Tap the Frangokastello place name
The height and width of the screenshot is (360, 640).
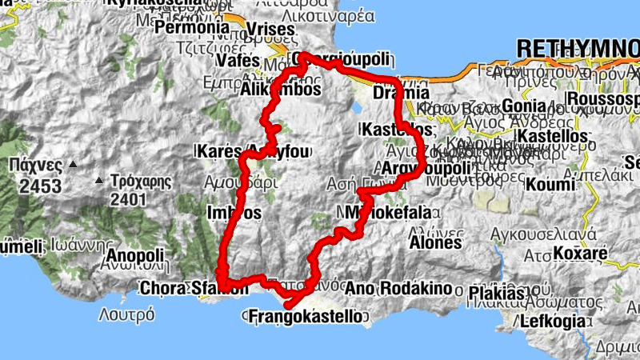306,317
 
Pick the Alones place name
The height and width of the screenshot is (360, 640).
435,241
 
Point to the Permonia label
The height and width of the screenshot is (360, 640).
193,26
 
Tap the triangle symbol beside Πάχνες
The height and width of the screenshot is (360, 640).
73,165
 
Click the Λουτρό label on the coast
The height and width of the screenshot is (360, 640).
126,314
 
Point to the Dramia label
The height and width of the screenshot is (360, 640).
396,92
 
